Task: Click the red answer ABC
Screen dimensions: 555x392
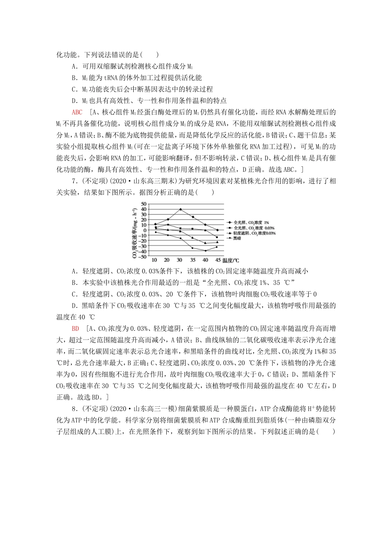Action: pos(77,112)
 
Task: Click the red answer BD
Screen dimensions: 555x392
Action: pos(75,328)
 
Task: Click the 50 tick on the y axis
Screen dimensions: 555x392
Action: pos(144,204)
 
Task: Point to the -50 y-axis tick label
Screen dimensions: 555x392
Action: pos(142,256)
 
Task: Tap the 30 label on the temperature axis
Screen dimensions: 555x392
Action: pos(179,260)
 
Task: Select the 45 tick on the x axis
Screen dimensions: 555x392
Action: pos(217,260)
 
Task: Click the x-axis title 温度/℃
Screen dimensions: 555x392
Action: pos(231,261)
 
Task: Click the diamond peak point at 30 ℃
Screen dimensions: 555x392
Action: pos(180,209)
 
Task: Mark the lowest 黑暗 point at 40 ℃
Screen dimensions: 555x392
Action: pos(205,251)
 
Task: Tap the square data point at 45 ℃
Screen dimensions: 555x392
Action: pos(217,237)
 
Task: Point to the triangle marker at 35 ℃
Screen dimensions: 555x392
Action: pos(193,237)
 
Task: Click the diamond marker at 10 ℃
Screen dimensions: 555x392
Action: pos(155,224)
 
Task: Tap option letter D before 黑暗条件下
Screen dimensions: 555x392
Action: pos(74,306)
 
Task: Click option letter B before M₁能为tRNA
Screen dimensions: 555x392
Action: pos(74,78)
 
